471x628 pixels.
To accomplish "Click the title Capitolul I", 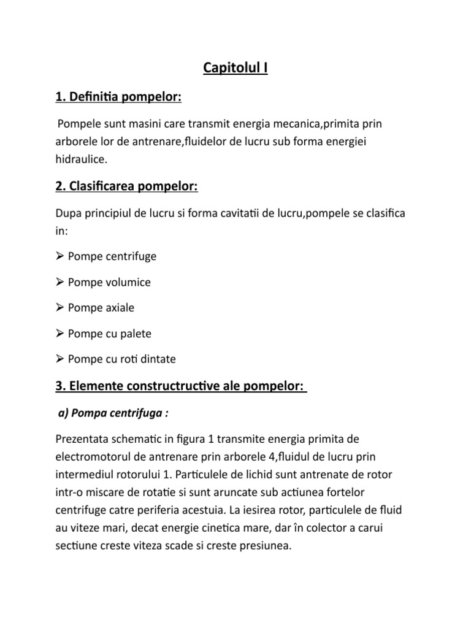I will (x=235, y=67).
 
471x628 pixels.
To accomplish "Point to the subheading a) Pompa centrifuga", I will (x=112, y=413).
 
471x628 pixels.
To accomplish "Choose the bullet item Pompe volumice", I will (x=109, y=283).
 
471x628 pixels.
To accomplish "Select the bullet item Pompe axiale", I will (x=101, y=308).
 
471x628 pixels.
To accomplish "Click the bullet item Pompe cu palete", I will (x=110, y=334).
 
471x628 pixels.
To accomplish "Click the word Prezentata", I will (x=86, y=439).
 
